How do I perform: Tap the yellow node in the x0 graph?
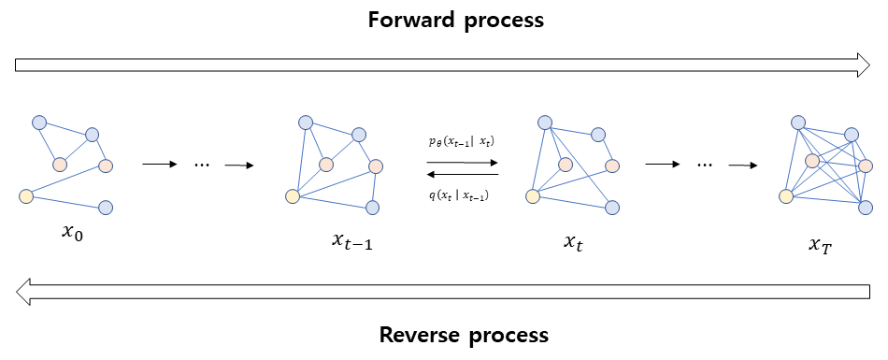26,195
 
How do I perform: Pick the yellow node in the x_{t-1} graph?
293,196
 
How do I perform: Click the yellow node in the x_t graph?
533,195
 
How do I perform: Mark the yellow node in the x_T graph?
786,195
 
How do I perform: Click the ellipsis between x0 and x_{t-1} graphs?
202,165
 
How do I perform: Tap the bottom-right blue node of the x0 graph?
106,207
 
